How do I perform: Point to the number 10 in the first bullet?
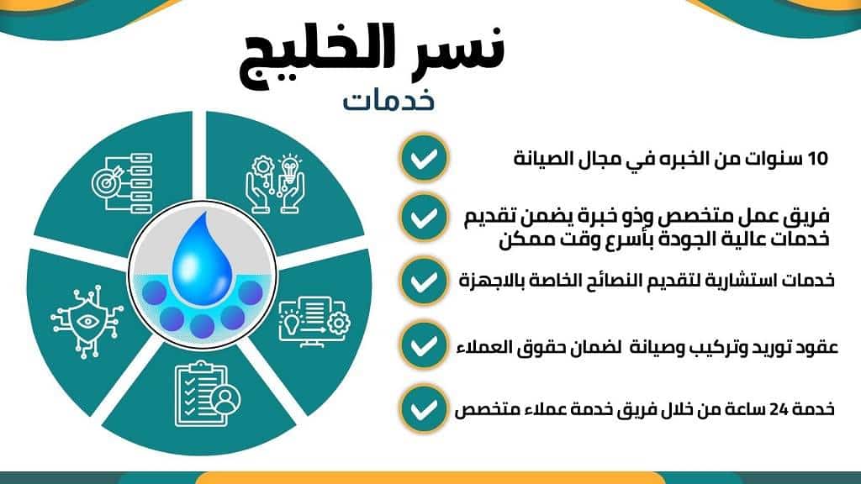coord(817,158)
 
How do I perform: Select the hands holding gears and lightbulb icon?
coord(272,177)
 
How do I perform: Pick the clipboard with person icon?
coord(201,392)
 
